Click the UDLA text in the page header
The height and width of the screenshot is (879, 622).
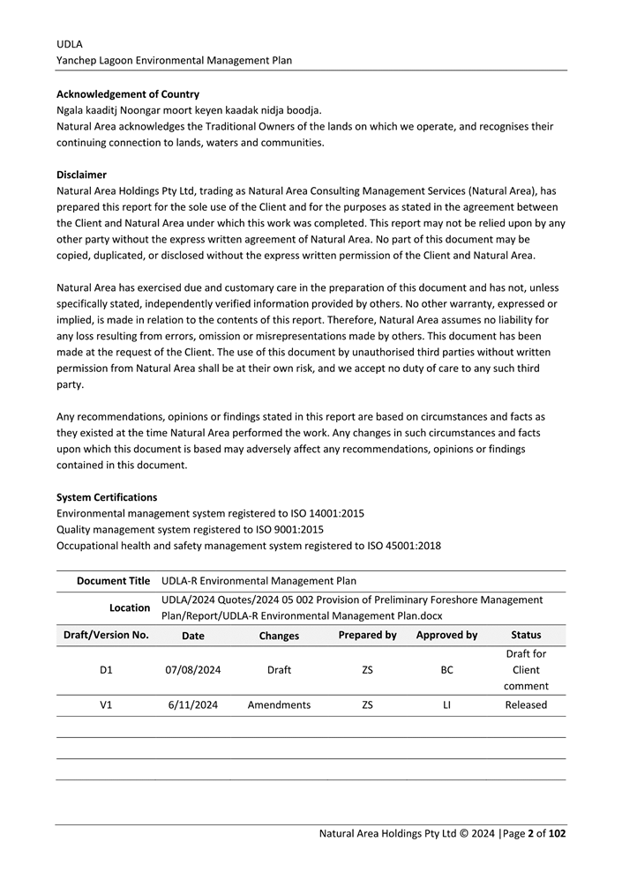click(x=70, y=43)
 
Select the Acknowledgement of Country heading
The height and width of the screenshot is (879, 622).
click(x=128, y=94)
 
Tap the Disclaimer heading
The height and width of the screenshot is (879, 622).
click(x=81, y=175)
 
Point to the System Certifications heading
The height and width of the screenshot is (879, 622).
click(x=107, y=497)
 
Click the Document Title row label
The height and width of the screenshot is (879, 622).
click(x=113, y=581)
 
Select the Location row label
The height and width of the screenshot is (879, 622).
click(x=129, y=607)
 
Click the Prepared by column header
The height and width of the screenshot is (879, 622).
click(x=367, y=635)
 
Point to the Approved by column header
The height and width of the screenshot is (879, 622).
click(x=446, y=635)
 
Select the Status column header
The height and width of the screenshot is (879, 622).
click(x=526, y=635)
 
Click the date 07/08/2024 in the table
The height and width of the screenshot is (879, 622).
click(x=193, y=670)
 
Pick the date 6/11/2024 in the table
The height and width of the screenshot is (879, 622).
click(x=193, y=704)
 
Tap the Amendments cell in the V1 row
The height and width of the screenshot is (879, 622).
click(x=279, y=704)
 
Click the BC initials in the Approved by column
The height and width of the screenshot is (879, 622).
click(x=447, y=670)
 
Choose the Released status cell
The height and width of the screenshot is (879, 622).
click(x=526, y=704)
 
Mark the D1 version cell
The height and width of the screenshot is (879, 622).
click(x=106, y=670)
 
